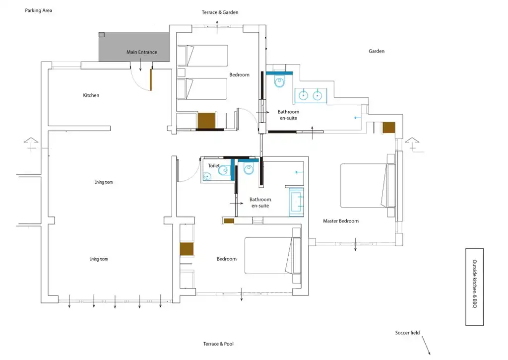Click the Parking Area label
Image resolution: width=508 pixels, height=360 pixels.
(x=38, y=10)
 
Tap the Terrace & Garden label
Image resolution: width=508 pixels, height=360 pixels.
(x=220, y=12)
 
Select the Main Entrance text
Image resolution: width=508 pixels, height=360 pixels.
(x=141, y=52)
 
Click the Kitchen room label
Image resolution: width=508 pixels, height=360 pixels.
(x=91, y=95)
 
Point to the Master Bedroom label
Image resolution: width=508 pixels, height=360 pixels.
(x=341, y=221)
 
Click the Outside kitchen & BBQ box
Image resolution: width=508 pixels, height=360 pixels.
(x=474, y=287)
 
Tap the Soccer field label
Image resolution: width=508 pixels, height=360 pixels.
(x=407, y=333)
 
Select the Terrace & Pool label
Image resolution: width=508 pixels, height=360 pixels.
(x=218, y=344)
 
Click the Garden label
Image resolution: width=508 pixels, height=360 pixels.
(x=377, y=51)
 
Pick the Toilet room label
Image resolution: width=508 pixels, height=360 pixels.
(x=213, y=166)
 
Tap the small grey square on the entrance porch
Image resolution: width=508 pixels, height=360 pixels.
(x=102, y=35)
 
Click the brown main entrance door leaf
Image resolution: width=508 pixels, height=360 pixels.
(x=151, y=80)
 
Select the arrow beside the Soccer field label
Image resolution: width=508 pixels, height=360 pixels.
(x=426, y=345)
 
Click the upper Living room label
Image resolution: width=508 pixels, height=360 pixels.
(x=104, y=182)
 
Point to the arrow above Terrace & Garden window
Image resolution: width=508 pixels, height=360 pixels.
(x=217, y=27)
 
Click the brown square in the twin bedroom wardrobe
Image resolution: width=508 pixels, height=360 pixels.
(x=206, y=120)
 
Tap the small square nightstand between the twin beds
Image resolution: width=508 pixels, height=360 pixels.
(x=182, y=72)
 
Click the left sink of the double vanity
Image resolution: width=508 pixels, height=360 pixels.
(x=303, y=95)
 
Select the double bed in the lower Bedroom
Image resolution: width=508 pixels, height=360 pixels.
(x=273, y=256)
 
